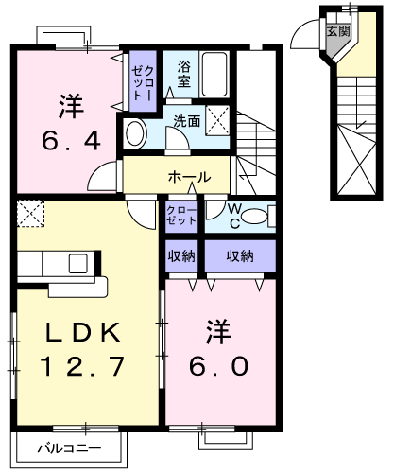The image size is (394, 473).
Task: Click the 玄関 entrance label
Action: (x=338, y=31)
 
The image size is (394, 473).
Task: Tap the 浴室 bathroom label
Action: (x=183, y=74)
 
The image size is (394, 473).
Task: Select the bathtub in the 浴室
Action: (x=214, y=75)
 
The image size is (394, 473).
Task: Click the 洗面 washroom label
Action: (x=187, y=121)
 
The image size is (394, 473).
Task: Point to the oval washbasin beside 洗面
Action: (x=136, y=133)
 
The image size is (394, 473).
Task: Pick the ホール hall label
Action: (x=189, y=177)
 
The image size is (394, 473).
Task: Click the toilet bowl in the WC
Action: (x=255, y=217)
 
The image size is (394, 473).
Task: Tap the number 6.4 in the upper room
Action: (x=71, y=140)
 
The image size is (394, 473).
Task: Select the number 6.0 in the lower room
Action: (x=218, y=366)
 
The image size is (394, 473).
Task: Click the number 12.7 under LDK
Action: (x=82, y=366)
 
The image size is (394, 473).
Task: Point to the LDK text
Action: (x=82, y=332)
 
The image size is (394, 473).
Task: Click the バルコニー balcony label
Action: (x=70, y=448)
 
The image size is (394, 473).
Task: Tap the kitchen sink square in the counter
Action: (x=77, y=263)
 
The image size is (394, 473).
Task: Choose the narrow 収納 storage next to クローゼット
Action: (x=181, y=256)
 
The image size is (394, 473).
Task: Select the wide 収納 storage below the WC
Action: (x=240, y=256)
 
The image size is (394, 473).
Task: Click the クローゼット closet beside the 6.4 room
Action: (x=143, y=81)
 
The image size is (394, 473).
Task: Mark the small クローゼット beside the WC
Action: (x=181, y=216)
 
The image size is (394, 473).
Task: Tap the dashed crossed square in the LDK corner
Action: (x=30, y=213)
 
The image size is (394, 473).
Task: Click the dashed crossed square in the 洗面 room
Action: (x=217, y=121)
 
